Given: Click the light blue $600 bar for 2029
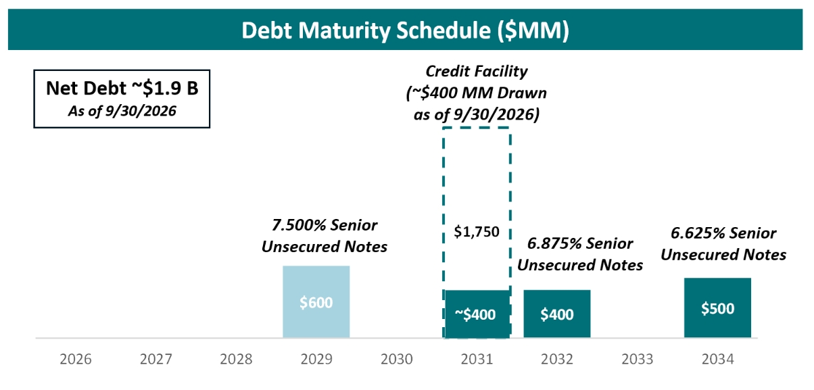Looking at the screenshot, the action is (316, 301).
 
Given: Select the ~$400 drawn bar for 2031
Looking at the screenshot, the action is (477, 314).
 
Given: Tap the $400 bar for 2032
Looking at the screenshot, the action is (556, 314).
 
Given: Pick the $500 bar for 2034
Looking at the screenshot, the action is (717, 308).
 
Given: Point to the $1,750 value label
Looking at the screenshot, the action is (477, 232).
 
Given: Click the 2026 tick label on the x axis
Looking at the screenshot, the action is (76, 359).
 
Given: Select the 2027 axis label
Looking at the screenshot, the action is (156, 359).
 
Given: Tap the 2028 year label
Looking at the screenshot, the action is (236, 359).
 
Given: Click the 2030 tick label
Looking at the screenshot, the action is (396, 359).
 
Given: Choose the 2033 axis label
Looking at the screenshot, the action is (638, 359).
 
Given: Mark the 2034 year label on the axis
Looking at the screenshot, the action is (718, 359).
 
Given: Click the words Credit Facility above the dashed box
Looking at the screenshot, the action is (477, 72).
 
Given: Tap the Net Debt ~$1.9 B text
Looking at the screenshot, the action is (122, 88).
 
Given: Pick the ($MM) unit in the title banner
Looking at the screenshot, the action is (533, 30).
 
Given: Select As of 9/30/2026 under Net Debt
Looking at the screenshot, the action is (122, 112).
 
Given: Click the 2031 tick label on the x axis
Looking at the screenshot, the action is (477, 359).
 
